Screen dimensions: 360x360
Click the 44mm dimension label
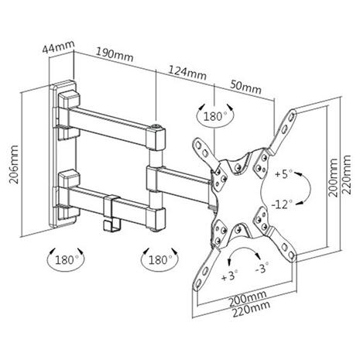click(59, 46)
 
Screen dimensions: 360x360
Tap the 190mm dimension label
click(115, 55)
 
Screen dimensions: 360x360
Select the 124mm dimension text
click(187, 73)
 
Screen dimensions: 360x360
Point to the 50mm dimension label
click(246, 87)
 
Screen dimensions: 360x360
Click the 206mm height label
click(14, 164)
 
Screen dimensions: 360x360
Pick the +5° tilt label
click(283, 173)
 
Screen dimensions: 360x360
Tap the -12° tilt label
click(282, 204)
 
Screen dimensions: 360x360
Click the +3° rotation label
click(230, 276)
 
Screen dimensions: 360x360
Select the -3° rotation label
click(262, 268)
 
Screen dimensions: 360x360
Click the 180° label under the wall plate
click(67, 259)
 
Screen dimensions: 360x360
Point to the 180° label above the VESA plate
click(215, 116)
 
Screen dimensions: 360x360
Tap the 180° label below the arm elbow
click(160, 259)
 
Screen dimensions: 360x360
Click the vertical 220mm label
click(346, 174)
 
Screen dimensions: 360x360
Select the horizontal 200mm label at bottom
click(248, 299)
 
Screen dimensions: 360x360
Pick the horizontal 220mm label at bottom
click(251, 309)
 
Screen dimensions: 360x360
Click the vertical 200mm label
click(333, 178)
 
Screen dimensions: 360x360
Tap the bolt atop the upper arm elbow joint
click(156, 126)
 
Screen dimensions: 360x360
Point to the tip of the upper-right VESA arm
click(293, 111)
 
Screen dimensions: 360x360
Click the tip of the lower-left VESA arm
click(197, 286)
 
